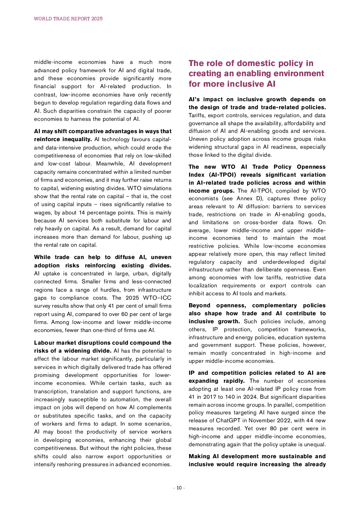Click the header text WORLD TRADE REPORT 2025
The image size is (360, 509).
tap(68, 19)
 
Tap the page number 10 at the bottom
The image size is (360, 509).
tap(179, 488)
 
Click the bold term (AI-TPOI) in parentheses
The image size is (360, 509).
tap(222, 175)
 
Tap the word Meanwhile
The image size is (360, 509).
tap(110, 164)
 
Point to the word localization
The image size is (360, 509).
tap(203, 286)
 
